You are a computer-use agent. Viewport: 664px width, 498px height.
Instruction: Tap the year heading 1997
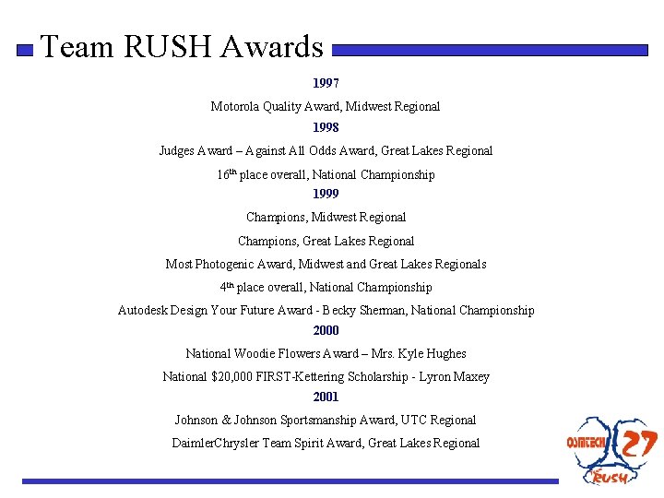[326, 83]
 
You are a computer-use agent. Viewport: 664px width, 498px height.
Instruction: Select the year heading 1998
[326, 127]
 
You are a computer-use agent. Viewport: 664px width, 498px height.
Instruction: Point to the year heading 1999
[326, 194]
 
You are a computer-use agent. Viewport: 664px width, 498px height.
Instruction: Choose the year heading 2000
[326, 330]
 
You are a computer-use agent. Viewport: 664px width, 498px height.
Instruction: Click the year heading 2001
[326, 397]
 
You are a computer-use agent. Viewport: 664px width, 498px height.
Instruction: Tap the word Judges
[176, 150]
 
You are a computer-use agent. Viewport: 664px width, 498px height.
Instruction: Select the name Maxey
[471, 376]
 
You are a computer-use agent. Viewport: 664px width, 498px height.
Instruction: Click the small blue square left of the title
[26, 50]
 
